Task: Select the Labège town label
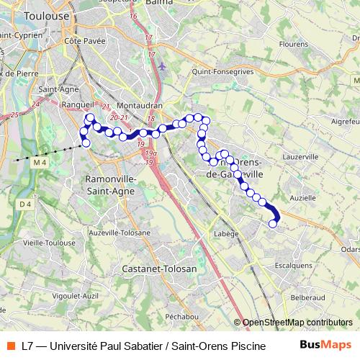point(225,234)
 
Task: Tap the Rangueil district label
point(65,104)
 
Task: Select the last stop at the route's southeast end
point(273,224)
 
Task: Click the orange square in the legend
point(11,345)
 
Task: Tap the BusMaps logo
point(325,345)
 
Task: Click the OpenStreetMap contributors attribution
point(296,323)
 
